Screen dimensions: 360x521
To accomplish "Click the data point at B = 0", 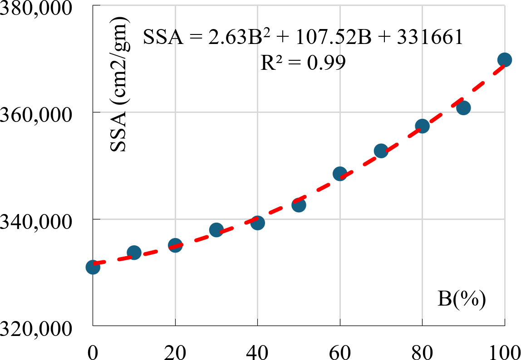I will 93,268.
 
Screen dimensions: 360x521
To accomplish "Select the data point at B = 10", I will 134,253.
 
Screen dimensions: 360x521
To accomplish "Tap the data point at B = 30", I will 216,230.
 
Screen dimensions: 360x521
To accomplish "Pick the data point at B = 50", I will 299,205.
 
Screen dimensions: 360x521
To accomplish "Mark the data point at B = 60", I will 340,174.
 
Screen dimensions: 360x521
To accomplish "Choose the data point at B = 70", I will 381,151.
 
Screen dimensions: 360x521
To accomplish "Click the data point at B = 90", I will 463,108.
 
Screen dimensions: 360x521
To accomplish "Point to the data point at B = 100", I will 504,60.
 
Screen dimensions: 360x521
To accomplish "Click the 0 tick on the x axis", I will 93,350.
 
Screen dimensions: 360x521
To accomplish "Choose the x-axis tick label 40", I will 257,350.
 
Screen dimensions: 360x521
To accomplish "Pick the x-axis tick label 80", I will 422,350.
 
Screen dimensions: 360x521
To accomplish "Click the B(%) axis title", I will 462,299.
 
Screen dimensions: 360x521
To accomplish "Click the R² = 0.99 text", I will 303,63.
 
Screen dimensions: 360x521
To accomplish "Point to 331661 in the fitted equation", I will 429,37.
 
